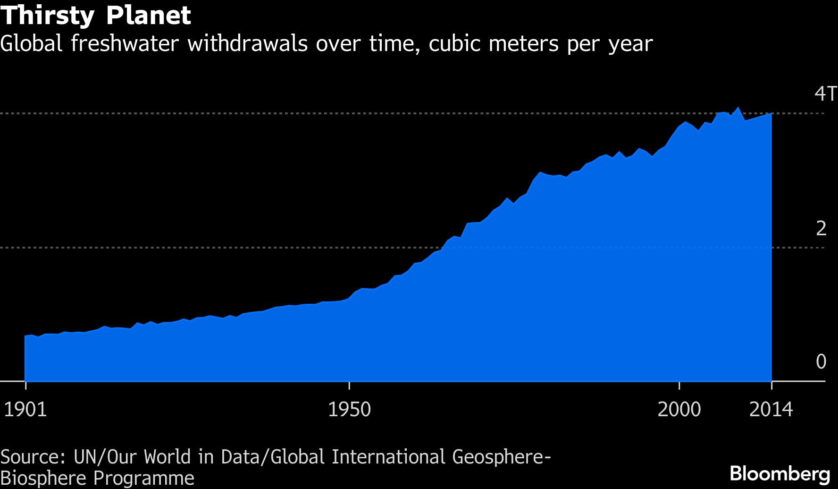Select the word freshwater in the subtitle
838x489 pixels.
[x=125, y=43]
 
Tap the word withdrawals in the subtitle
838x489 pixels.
[x=247, y=43]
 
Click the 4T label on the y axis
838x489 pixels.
[x=825, y=94]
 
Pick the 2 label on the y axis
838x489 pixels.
[x=821, y=228]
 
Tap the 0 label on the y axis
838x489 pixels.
[x=821, y=361]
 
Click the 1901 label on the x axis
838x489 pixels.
[x=25, y=409]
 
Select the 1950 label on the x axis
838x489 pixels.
[x=349, y=409]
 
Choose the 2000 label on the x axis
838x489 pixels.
[x=679, y=409]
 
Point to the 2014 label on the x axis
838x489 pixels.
[x=771, y=409]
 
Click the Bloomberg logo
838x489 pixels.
[x=780, y=473]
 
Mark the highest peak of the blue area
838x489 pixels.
[x=738, y=108]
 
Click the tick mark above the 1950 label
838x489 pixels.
[x=349, y=385]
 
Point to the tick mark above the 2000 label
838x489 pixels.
[x=679, y=385]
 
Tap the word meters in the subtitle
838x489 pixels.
[x=523, y=43]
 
